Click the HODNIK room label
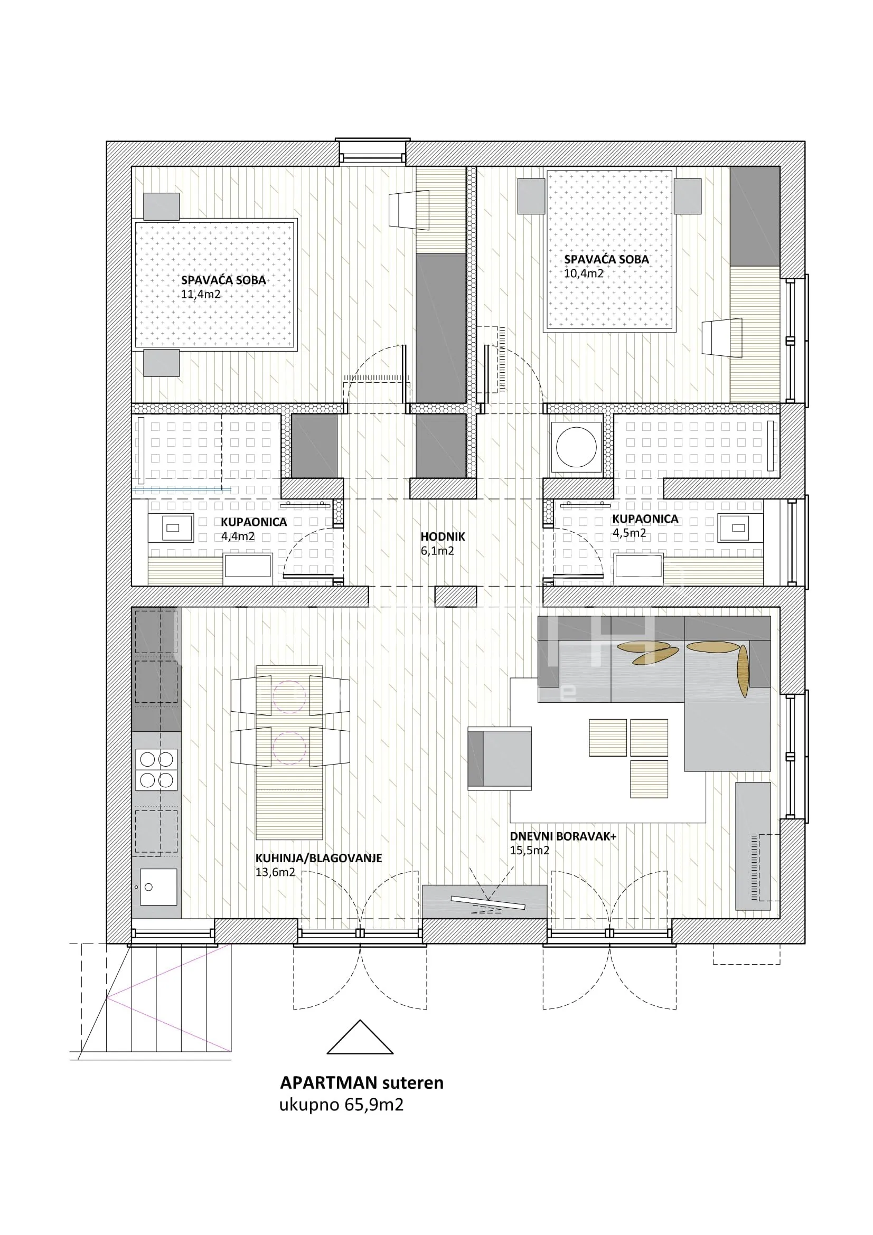[x=443, y=536]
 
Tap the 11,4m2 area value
[x=201, y=294]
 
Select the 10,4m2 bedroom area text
[x=584, y=274]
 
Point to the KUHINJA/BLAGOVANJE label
[x=318, y=858]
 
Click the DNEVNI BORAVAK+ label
[x=563, y=836]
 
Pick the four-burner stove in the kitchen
[x=156, y=770]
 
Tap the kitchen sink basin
[x=158, y=887]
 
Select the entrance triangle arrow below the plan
[x=360, y=1037]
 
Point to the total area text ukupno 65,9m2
[x=341, y=1105]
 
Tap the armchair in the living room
[x=500, y=758]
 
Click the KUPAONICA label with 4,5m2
[x=645, y=519]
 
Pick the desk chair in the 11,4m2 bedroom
[x=409, y=210]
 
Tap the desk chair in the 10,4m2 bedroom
[x=722, y=338]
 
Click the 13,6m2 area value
[x=275, y=872]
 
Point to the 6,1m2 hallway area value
[x=437, y=551]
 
